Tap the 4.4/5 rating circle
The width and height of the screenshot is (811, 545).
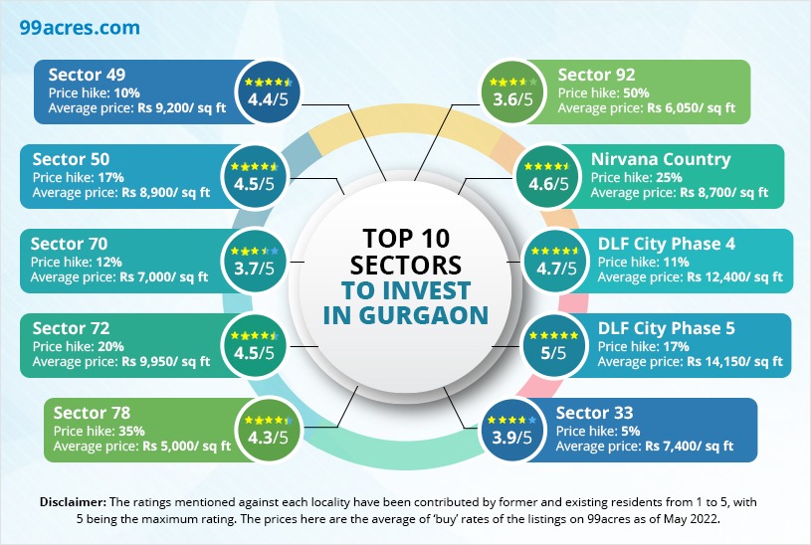point(262,91)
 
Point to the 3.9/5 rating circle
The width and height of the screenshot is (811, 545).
point(509,428)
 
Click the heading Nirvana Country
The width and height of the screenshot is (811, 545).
point(660,159)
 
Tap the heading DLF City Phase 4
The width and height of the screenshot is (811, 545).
point(667,244)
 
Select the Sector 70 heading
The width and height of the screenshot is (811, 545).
point(70,244)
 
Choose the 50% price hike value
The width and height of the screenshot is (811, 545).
point(637,92)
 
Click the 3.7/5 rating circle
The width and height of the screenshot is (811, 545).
point(253,261)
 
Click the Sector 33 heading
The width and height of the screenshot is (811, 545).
point(595,413)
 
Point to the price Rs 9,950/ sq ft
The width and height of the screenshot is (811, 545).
point(164,362)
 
